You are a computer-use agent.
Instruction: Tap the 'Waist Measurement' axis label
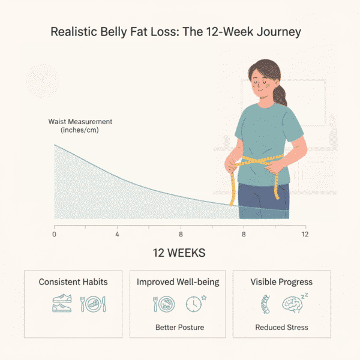point(80,122)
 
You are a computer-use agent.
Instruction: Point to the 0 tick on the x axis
point(55,235)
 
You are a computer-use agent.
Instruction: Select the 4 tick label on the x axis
point(117,235)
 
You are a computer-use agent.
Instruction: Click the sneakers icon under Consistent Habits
point(62,303)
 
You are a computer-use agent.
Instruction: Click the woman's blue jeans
point(263,201)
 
